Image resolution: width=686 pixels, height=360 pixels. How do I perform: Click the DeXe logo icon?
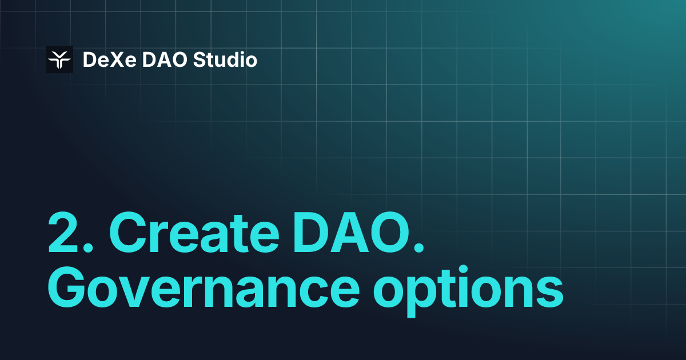pos(59,59)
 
